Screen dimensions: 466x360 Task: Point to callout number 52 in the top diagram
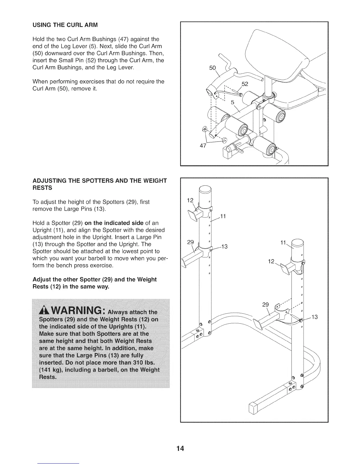point(245,84)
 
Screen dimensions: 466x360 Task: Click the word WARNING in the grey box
point(77,311)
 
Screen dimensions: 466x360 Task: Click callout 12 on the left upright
point(190,201)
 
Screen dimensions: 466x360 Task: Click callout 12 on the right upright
point(271,262)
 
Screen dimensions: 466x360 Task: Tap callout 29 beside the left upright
point(190,242)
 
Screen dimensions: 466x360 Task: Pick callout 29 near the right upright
point(265,305)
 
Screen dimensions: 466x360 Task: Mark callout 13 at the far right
point(314,317)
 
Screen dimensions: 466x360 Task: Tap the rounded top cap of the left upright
point(205,190)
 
